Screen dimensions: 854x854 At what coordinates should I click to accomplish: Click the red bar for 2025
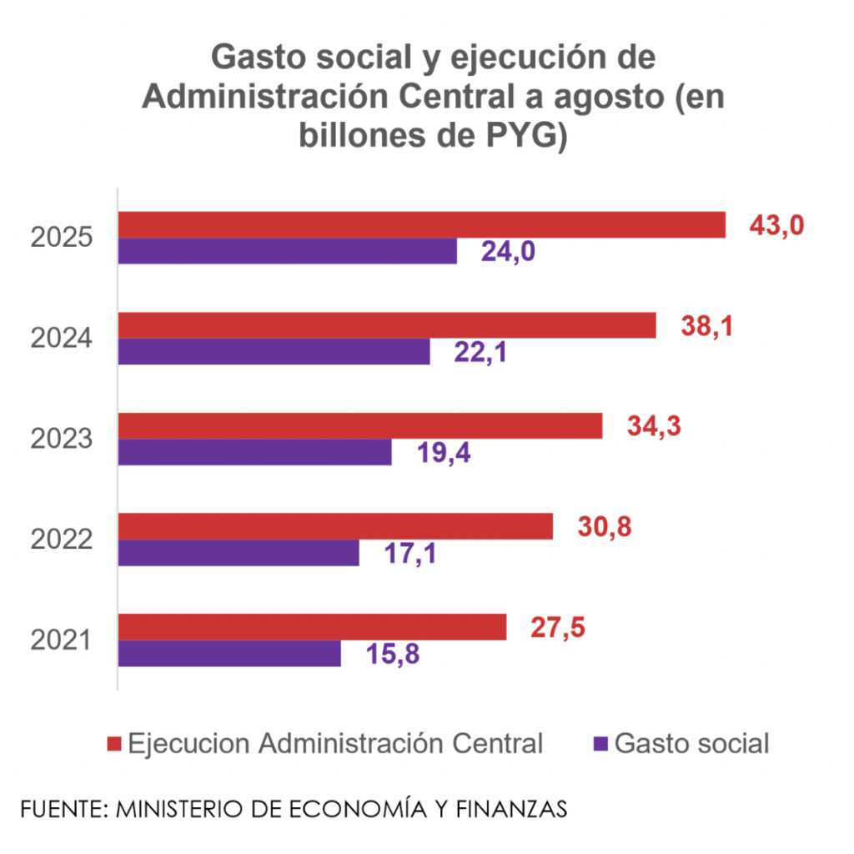click(x=421, y=225)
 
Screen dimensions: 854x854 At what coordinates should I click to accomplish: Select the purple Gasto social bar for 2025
click(x=288, y=251)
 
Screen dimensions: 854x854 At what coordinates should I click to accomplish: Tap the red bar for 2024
click(x=387, y=325)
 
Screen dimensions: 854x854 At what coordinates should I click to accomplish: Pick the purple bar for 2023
click(x=254, y=452)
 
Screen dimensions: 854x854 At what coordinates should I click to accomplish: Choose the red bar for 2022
click(x=335, y=526)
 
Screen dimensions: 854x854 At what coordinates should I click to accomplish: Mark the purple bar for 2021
click(x=229, y=653)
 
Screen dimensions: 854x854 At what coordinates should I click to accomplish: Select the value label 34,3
click(x=654, y=426)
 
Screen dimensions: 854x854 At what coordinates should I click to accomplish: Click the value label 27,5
click(x=558, y=628)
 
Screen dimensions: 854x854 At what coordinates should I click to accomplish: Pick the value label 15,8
click(x=392, y=655)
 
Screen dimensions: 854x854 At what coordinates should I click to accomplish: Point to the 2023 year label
click(x=61, y=439)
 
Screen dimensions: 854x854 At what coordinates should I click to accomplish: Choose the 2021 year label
click(x=61, y=640)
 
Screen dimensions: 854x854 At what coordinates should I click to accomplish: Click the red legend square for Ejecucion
click(x=115, y=743)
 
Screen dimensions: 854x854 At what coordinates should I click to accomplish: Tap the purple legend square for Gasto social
click(x=599, y=743)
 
